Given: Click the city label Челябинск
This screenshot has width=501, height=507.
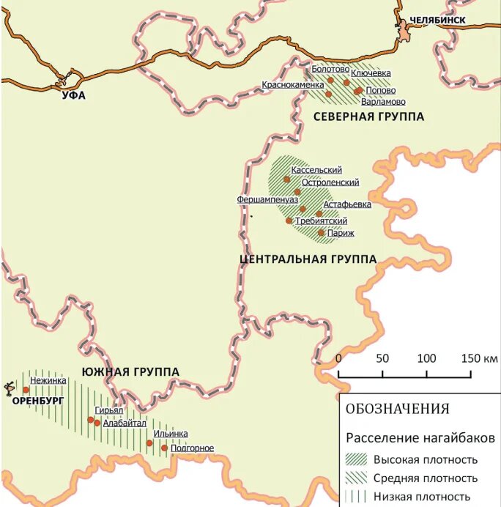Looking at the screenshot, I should [437, 20].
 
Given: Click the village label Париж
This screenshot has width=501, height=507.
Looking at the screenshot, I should [341, 233].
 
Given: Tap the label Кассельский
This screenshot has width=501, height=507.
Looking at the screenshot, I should [316, 170].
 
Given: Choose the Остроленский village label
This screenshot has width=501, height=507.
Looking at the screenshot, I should [330, 182].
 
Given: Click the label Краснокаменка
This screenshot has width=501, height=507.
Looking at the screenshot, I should [292, 85].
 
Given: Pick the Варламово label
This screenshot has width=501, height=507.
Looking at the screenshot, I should [383, 102].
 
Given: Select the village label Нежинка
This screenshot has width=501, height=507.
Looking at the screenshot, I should [48, 380].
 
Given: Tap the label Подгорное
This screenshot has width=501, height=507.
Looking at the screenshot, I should [192, 448].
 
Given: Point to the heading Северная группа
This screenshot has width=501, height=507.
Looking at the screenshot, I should [368, 116].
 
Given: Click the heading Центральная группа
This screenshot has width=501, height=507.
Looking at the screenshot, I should [308, 259].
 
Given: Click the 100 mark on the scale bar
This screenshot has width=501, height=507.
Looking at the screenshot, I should [426, 358].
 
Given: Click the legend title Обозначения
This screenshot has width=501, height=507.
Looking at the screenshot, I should [397, 409].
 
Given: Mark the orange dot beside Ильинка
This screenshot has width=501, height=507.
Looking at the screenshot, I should [149, 443].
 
